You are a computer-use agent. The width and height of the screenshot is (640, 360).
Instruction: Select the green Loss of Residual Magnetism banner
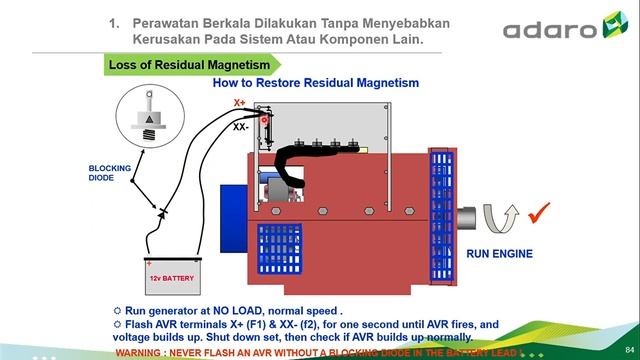[x=189, y=66]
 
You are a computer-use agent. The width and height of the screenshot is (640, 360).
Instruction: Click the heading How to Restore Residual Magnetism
[x=315, y=84]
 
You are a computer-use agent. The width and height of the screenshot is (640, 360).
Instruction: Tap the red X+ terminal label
[x=239, y=102]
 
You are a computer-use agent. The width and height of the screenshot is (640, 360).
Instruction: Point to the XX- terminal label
[x=241, y=127]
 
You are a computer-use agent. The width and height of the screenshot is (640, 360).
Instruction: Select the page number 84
[x=629, y=346]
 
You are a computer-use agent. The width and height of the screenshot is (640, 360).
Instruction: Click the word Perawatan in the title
[x=163, y=22]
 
